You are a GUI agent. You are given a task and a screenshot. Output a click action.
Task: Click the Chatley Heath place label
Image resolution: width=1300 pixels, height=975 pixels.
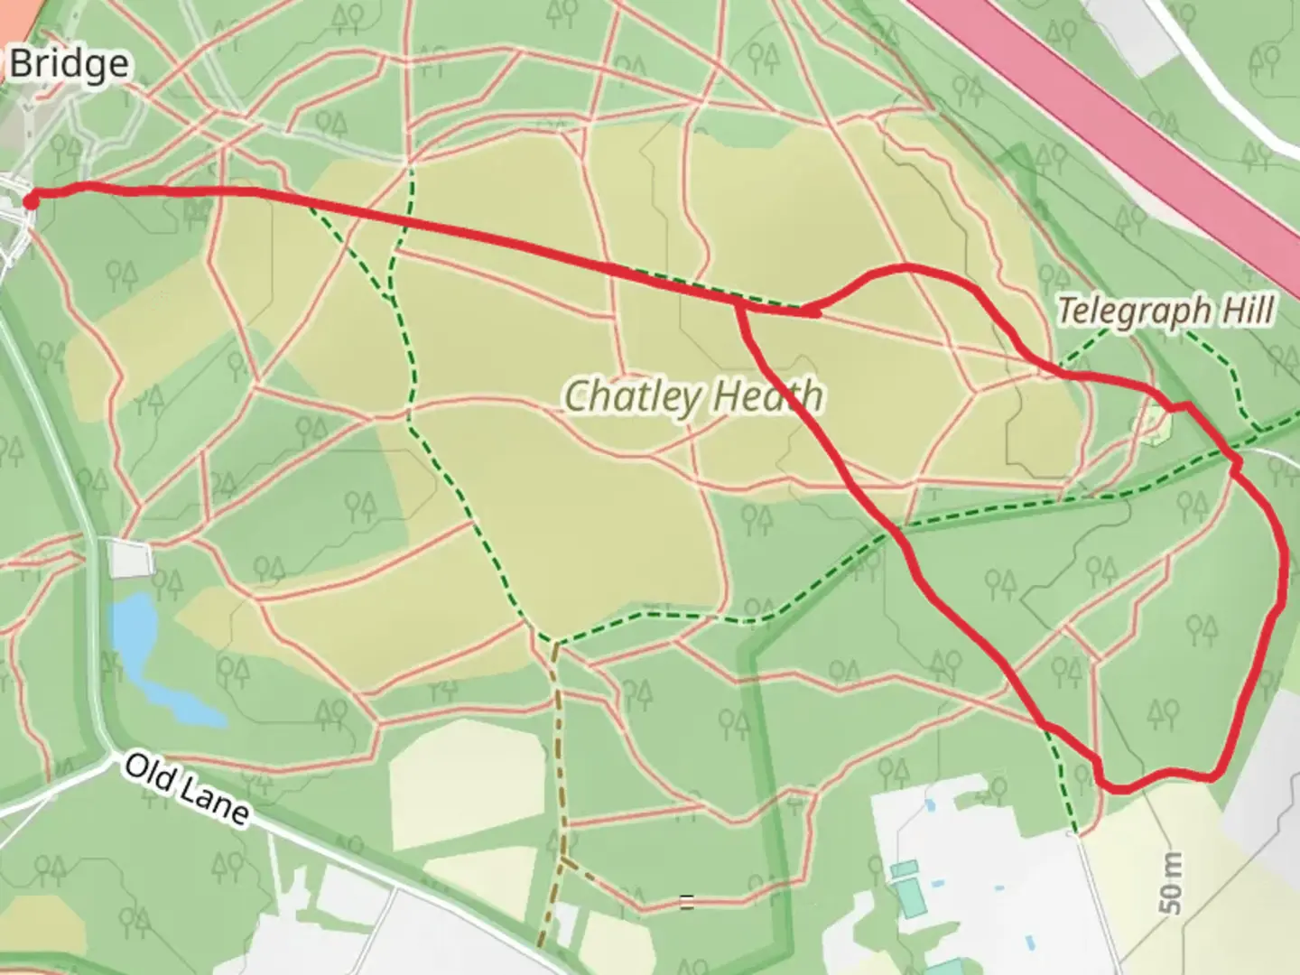click(x=693, y=396)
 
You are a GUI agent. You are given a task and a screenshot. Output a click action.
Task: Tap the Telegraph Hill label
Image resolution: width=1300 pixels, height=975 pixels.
click(x=1165, y=311)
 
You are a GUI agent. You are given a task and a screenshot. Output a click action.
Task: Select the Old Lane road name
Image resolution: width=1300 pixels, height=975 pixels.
click(x=185, y=788)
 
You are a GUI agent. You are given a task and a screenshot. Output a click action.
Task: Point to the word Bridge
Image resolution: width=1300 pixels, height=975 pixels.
click(x=69, y=64)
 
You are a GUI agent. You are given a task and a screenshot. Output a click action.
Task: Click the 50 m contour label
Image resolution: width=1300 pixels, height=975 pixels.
click(x=1171, y=884)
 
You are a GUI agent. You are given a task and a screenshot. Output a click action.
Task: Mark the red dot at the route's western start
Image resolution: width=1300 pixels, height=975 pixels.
click(x=30, y=200)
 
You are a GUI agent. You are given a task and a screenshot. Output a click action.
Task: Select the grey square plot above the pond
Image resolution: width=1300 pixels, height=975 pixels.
click(x=130, y=558)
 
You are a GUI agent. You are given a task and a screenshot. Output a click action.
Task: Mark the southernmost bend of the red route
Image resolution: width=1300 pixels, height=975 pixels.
click(x=1119, y=788)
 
